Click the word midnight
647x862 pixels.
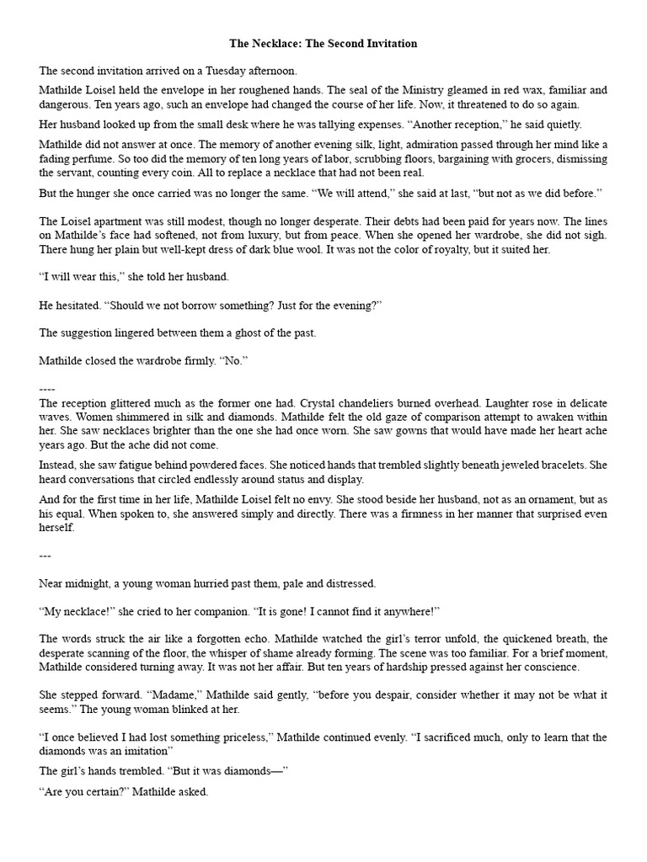89,583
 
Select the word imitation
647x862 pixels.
147,750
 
